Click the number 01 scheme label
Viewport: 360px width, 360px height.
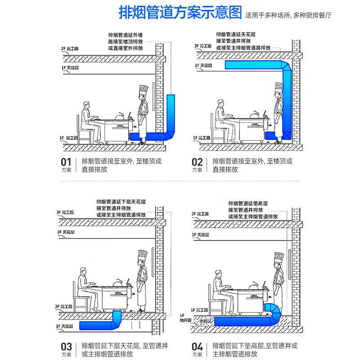click(x=66, y=162)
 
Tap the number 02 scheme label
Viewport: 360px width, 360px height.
click(x=197, y=162)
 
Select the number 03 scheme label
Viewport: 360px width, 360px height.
click(x=66, y=346)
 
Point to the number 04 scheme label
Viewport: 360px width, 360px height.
click(x=197, y=346)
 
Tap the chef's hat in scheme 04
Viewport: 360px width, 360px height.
click(x=279, y=258)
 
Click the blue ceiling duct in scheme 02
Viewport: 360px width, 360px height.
click(x=252, y=65)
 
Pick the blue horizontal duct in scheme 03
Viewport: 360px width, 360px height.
click(x=97, y=325)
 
